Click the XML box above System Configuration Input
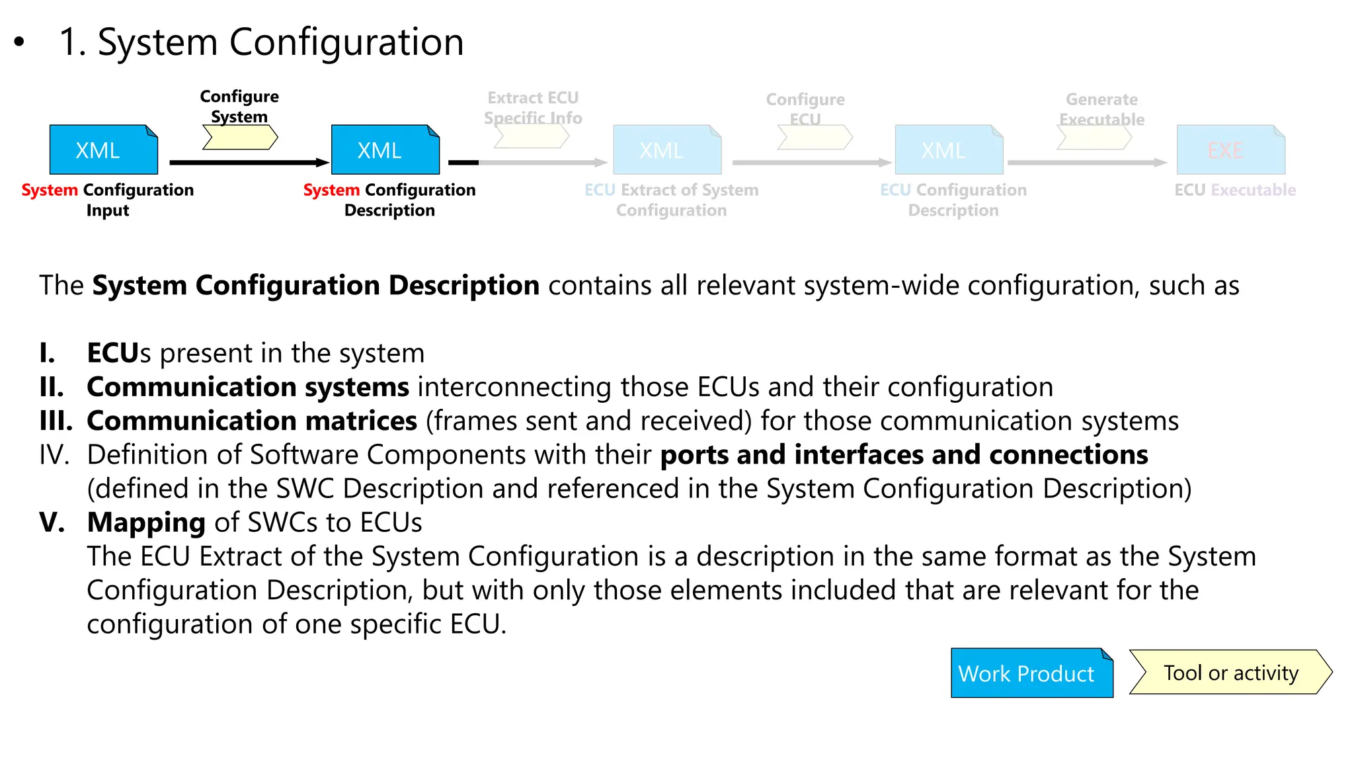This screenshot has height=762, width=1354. pyautogui.click(x=104, y=149)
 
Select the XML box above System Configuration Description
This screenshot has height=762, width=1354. pyautogui.click(x=385, y=149)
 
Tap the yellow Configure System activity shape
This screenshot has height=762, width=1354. pyautogui.click(x=240, y=137)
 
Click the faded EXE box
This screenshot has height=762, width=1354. pyautogui.click(x=1231, y=149)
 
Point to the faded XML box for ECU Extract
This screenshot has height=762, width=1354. pyautogui.click(x=667, y=149)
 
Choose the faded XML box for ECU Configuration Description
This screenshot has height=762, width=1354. pyautogui.click(x=949, y=149)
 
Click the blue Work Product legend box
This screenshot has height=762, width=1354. pyautogui.click(x=1031, y=673)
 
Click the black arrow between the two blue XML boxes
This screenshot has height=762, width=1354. pyautogui.click(x=249, y=162)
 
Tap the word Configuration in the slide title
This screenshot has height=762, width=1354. pyautogui.click(x=346, y=42)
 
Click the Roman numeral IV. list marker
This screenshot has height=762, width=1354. pyautogui.click(x=54, y=455)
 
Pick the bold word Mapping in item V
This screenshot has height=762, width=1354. pyautogui.click(x=146, y=523)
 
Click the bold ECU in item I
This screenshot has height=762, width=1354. pyautogui.click(x=113, y=353)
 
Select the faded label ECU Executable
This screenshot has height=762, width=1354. pyautogui.click(x=1235, y=190)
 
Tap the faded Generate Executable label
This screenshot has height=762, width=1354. pyautogui.click(x=1101, y=109)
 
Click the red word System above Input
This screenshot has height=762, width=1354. pyautogui.click(x=50, y=190)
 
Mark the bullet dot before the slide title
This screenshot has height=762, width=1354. pyautogui.click(x=19, y=42)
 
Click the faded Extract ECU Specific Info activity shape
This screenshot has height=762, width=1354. pyautogui.click(x=532, y=136)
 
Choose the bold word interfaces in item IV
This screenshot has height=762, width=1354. pyautogui.click(x=858, y=455)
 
